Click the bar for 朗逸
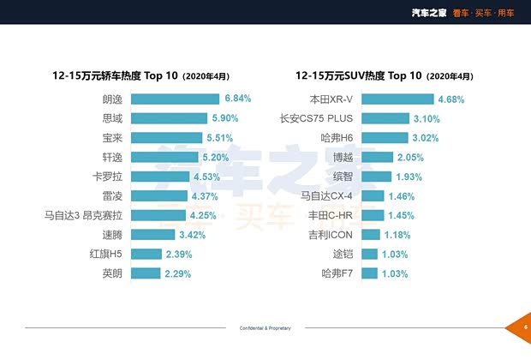pyautogui.click(x=176, y=99)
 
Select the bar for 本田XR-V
pyautogui.click(x=397, y=99)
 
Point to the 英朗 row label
pyautogui.click(x=111, y=273)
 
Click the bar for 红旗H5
pyautogui.click(x=146, y=255)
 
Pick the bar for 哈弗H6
pyautogui.click(x=385, y=137)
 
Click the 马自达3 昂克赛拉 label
pyautogui.click(x=85, y=215)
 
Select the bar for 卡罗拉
pyautogui.click(x=160, y=177)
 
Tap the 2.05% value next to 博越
pyautogui.click(x=410, y=157)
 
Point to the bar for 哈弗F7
pyautogui.click(x=370, y=273)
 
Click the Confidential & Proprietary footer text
pyautogui.click(x=265, y=328)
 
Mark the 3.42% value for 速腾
pyautogui.click(x=193, y=235)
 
